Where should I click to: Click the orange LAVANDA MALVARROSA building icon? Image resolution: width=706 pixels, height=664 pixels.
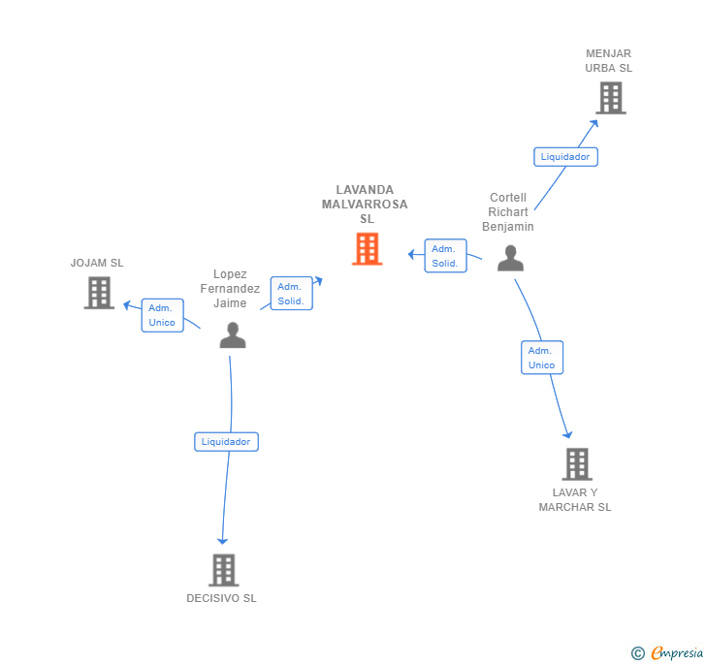tap(367, 249)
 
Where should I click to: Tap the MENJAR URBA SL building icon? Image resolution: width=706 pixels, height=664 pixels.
tap(610, 98)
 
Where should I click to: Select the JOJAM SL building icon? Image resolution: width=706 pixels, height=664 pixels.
tap(99, 293)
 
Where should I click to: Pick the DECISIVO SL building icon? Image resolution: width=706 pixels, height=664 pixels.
tap(224, 570)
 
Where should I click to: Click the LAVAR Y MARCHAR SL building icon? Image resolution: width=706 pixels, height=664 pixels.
tap(576, 464)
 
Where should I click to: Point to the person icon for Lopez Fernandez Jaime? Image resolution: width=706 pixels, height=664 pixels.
tap(233, 335)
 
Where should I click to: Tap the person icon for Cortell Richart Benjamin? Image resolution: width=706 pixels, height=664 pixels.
tap(510, 258)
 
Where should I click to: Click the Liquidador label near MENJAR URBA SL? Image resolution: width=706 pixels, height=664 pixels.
tap(565, 156)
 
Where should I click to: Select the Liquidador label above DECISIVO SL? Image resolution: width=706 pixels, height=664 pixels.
tap(226, 442)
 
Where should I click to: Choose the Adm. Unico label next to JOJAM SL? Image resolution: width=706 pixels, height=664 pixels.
tap(162, 315)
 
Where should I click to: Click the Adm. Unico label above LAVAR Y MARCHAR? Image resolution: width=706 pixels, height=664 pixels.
tap(541, 358)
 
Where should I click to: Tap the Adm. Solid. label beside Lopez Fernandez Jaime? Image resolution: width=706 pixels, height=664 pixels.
tap(291, 294)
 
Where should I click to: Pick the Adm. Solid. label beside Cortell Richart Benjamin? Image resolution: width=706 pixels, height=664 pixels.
tap(445, 256)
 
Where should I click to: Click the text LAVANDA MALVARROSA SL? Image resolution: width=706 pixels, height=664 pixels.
tap(366, 205)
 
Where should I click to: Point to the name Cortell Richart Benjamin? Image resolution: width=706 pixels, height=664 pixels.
tap(508, 212)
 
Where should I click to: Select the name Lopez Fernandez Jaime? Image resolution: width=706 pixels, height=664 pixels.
tap(230, 289)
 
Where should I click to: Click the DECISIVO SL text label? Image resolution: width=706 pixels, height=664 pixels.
tap(222, 598)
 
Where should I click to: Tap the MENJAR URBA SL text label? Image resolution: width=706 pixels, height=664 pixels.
tap(609, 61)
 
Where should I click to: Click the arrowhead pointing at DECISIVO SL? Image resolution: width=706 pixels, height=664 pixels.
tap(222, 540)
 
